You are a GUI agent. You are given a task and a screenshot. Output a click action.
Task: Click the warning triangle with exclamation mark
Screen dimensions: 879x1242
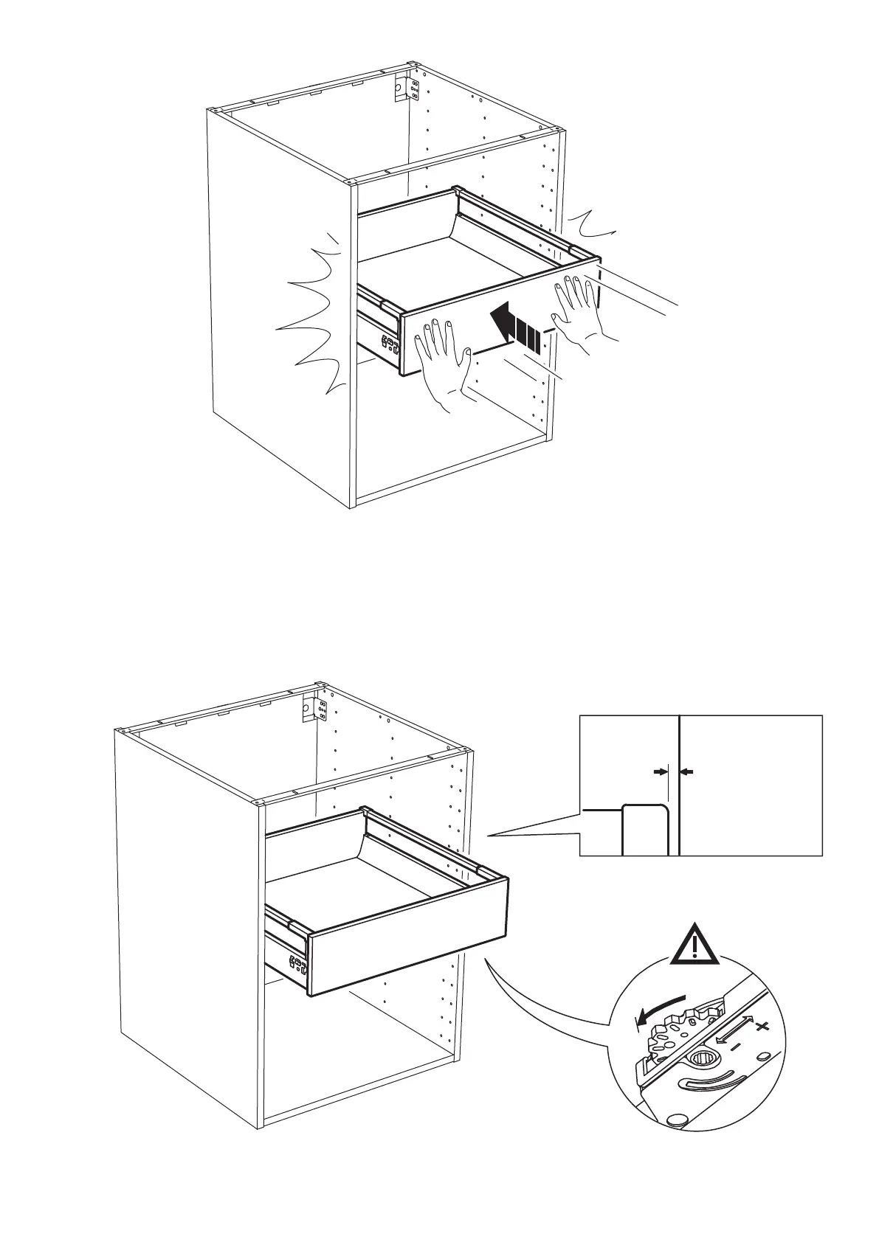tap(695, 945)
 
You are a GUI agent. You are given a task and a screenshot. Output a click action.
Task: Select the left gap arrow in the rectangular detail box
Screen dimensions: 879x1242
tap(659, 771)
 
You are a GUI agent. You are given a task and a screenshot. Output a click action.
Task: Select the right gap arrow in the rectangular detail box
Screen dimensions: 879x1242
tap(687, 771)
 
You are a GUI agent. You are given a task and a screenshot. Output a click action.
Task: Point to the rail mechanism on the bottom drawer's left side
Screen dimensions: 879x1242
tap(287, 951)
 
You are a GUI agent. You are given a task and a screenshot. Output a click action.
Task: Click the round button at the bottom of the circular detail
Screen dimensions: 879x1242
tap(675, 1139)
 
